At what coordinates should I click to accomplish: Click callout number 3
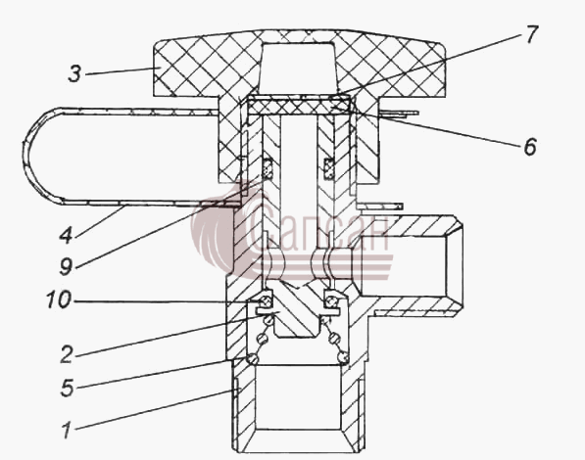point(74,73)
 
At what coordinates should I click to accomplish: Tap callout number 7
point(531,34)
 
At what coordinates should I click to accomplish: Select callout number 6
point(530,147)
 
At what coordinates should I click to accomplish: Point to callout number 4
point(66,236)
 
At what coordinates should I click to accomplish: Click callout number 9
point(66,267)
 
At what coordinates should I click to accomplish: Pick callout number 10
point(59,299)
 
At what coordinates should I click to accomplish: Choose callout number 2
point(67,354)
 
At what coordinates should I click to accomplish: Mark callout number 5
point(68,388)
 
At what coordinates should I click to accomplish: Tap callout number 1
point(68,431)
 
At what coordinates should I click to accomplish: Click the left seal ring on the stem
point(268,168)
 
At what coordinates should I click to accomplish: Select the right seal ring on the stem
point(328,168)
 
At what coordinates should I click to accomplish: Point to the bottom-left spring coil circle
point(253,358)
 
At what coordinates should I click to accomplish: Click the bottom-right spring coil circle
point(343,358)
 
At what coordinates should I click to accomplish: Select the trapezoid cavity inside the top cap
point(298,68)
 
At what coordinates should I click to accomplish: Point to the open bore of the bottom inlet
point(298,397)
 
